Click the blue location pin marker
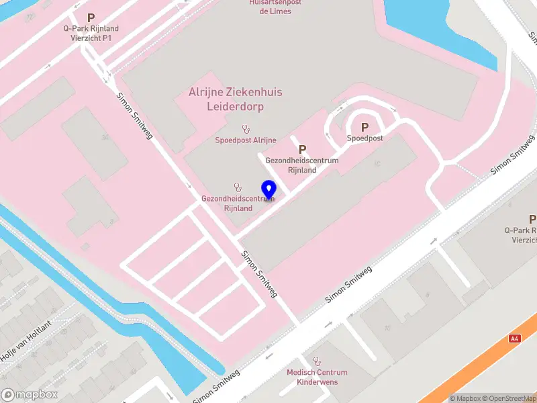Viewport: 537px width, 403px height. click(268, 189)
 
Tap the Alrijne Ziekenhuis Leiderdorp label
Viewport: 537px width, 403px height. click(235, 99)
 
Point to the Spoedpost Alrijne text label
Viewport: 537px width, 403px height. click(246, 140)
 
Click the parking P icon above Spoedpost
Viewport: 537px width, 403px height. click(365, 126)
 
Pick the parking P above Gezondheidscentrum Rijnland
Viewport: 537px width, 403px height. click(302, 149)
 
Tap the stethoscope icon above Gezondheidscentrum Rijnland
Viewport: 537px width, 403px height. click(237, 187)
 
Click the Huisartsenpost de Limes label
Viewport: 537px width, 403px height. click(275, 7)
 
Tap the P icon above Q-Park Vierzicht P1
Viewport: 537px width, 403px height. click(91, 17)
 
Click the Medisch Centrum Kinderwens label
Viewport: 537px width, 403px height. click(317, 377)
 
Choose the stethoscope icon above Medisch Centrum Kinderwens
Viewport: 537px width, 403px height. click(317, 361)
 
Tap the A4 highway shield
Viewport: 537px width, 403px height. click(515, 339)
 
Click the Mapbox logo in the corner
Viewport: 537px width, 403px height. click(30, 395)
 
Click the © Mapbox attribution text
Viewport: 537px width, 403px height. click(468, 398)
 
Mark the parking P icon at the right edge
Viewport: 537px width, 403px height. click(532, 219)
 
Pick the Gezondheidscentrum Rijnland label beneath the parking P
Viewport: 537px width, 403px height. click(302, 165)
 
